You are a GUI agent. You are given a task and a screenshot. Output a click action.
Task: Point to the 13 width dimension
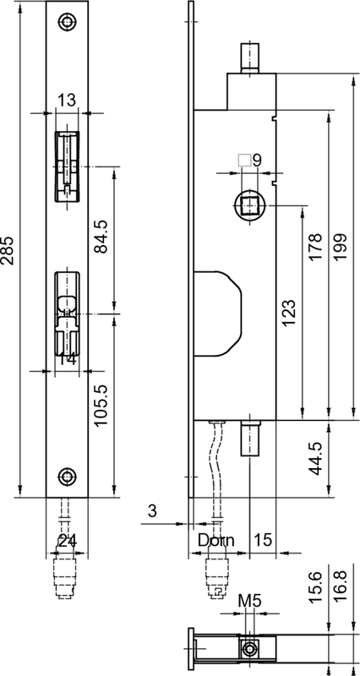click(x=67, y=101)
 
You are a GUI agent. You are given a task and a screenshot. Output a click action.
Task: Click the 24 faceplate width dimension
click(x=67, y=541)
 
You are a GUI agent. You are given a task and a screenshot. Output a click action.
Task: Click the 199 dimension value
click(x=341, y=251)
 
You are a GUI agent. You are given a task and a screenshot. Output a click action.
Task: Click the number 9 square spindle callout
click(x=257, y=159)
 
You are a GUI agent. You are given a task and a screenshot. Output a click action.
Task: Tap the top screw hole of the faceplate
click(x=67, y=23)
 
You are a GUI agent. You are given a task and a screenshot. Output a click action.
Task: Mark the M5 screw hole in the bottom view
click(x=250, y=648)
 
